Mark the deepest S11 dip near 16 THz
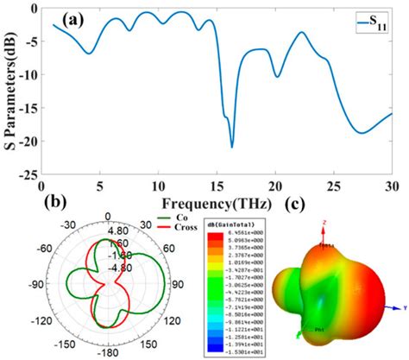(231, 147)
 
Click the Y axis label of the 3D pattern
(404, 307)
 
